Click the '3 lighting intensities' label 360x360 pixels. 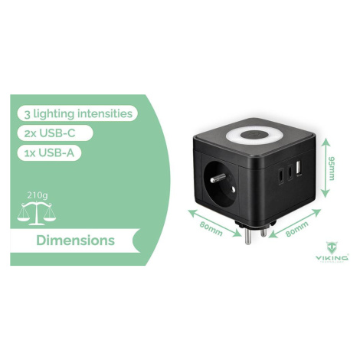pos(78,113)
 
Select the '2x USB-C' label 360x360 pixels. pos(50,133)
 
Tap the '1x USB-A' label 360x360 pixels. pos(49,152)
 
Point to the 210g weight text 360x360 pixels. pos(38,195)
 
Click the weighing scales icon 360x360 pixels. pos(37,213)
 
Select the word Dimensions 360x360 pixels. pos(75,241)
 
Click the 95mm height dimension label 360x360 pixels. pos(331,169)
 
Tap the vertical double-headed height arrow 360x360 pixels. pos(325,168)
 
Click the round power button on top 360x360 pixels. pos(252,135)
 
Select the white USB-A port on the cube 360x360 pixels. pos(299,169)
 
